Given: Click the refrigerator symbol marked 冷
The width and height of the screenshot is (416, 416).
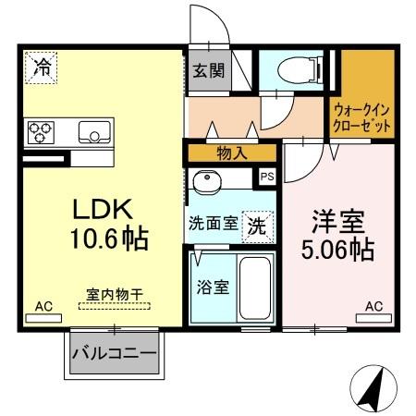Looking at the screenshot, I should click(42, 67).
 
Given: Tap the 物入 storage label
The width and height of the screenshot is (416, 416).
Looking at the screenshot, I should click(231, 153).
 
